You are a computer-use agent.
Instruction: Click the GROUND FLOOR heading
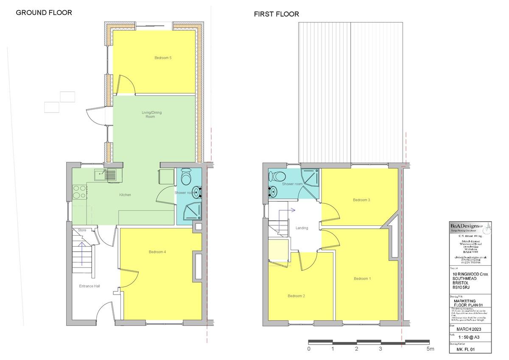pyautogui.click(x=44, y=13)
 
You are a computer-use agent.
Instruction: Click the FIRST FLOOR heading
pyautogui.click(x=276, y=14)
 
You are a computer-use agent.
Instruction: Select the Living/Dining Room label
pyautogui.click(x=151, y=114)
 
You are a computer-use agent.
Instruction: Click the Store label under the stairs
pyautogui.click(x=82, y=230)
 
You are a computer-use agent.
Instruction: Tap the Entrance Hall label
pyautogui.click(x=89, y=286)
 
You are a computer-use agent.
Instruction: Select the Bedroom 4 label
pyautogui.click(x=157, y=252)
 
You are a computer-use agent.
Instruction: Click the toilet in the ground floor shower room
pyautogui.click(x=186, y=175)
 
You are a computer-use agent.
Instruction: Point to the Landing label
pyautogui.click(x=302, y=228)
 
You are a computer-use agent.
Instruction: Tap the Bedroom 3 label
pyautogui.click(x=362, y=200)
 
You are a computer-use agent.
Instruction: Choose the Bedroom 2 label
pyautogui.click(x=296, y=296)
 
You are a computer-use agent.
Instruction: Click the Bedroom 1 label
pyautogui.click(x=362, y=278)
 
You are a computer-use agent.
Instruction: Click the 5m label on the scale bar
pyautogui.click(x=431, y=349)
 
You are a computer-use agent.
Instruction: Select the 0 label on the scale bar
pyautogui.click(x=309, y=349)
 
